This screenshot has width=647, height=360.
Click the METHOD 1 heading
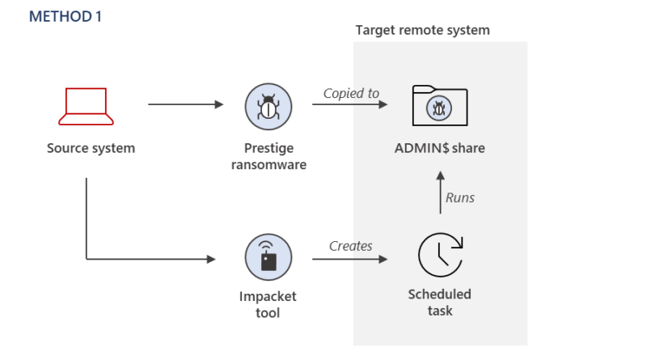point(66,16)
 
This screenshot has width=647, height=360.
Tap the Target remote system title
point(422,31)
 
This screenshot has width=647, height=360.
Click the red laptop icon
point(86,106)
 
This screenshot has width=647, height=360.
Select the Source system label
point(91,148)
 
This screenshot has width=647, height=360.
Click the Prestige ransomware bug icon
point(269,107)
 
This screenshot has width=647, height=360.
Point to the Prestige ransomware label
point(269,156)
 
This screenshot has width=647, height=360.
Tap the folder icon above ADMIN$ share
point(440,105)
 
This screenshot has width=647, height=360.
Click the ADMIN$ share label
point(439,148)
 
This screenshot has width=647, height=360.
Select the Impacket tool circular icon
point(269,257)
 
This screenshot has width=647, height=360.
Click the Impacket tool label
point(268,304)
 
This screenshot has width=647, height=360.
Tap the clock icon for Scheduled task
point(440,255)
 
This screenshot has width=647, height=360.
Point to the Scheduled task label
point(439,303)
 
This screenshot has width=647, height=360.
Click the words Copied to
point(351,93)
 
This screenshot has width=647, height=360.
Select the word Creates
point(350,246)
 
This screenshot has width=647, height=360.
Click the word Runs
point(460,197)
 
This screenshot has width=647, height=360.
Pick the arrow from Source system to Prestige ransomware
point(186,104)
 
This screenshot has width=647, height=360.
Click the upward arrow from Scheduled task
point(440,193)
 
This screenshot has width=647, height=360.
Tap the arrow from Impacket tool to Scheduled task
point(350,259)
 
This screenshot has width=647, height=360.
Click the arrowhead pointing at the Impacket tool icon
point(211,259)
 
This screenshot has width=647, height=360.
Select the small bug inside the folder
point(438,108)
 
